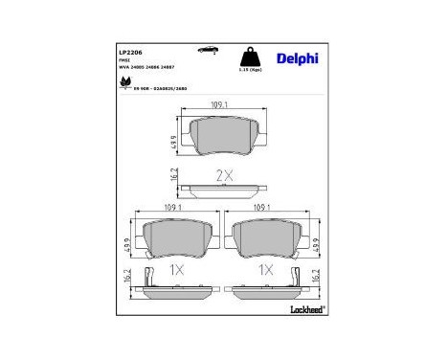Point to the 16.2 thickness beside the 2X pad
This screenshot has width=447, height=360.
[173, 177]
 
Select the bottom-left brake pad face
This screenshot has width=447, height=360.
[174, 238]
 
